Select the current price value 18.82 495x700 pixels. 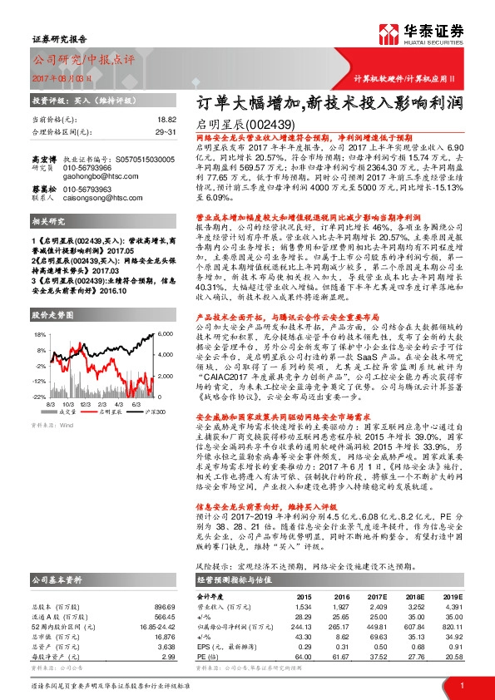point(166,120)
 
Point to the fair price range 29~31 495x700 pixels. point(164,131)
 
